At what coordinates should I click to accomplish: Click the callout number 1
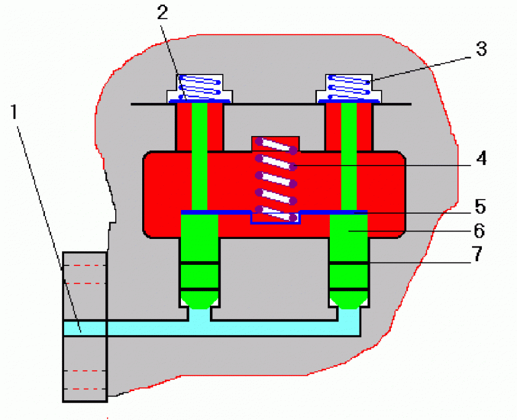(x=14, y=113)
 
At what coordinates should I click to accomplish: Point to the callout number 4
(x=481, y=158)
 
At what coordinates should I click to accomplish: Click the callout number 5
(x=481, y=204)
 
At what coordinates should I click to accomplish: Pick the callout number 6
(x=481, y=231)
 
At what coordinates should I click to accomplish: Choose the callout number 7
(x=481, y=254)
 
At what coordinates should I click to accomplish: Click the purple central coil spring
(x=276, y=179)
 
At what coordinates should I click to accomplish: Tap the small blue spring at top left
(x=199, y=86)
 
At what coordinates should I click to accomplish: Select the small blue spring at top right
(x=349, y=86)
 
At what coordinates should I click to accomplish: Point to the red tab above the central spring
(x=275, y=142)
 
